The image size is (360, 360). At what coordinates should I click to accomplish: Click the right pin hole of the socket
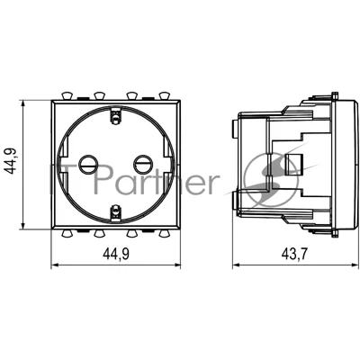tap(143, 164)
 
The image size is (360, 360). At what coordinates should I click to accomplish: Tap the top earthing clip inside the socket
tap(116, 115)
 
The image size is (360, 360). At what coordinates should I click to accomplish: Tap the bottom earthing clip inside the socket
tap(116, 213)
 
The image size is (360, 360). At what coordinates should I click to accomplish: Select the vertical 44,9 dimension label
tap(13, 161)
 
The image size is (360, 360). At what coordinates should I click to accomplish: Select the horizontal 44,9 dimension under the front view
tap(116, 255)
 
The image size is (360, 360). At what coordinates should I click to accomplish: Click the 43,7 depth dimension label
tap(294, 255)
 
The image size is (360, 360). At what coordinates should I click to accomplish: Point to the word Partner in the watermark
tap(156, 180)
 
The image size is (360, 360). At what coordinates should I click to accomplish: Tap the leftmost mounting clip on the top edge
tap(67, 95)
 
